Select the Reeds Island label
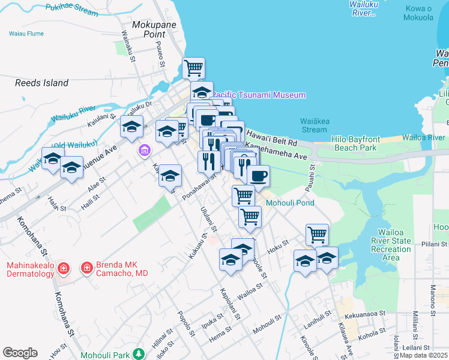pos(41,83)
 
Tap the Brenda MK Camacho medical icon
pos(87,267)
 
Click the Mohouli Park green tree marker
pos(139,353)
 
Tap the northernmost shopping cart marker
pos(193,68)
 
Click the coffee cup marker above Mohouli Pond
pos(258,176)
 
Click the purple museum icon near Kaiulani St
pos(144,149)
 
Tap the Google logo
pos(20,353)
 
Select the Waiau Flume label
pos(26,34)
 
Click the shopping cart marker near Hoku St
pos(317,234)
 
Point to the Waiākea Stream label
pos(314,125)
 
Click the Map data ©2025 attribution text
pos(424,355)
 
